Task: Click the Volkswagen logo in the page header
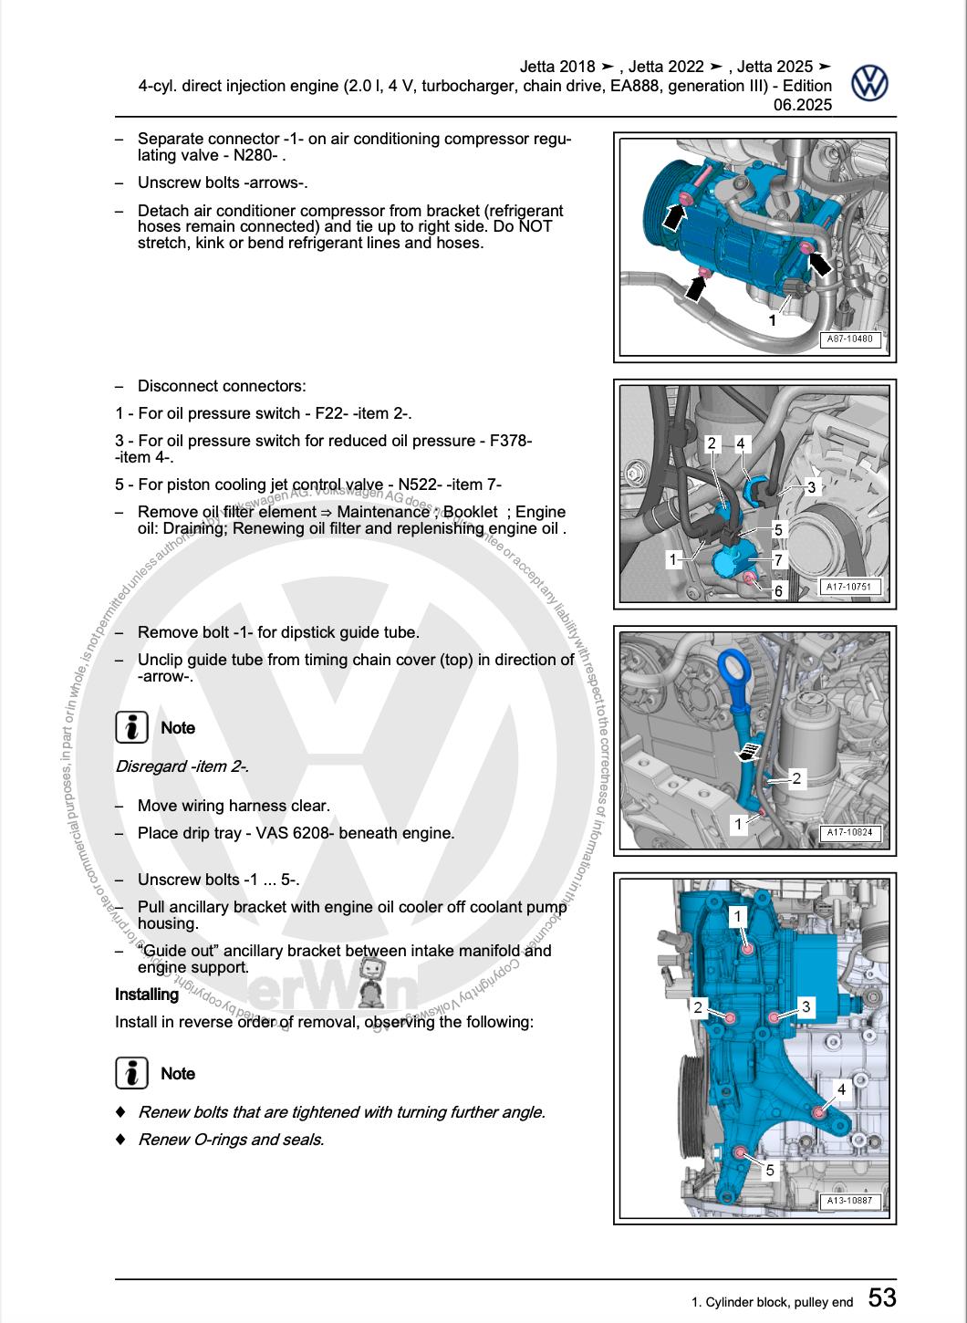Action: coord(869,83)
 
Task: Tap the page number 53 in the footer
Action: coord(881,1297)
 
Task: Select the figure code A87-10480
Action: coord(849,339)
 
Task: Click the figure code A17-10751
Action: coord(848,588)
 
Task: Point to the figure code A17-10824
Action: coord(848,832)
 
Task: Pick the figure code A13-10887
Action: coord(848,1201)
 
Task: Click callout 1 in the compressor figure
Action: coord(772,320)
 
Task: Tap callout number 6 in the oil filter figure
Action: coord(778,591)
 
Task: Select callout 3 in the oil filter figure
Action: coord(811,487)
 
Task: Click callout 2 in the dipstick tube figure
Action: coord(796,778)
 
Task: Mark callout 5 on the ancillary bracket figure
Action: coord(769,1170)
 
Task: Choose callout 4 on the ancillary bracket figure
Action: coord(841,1089)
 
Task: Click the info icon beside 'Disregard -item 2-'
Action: coord(132,727)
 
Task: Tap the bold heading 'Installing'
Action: coord(147,995)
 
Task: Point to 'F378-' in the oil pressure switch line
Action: coord(510,441)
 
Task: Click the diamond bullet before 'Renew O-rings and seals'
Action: coord(120,1140)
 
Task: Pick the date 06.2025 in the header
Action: coord(803,105)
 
